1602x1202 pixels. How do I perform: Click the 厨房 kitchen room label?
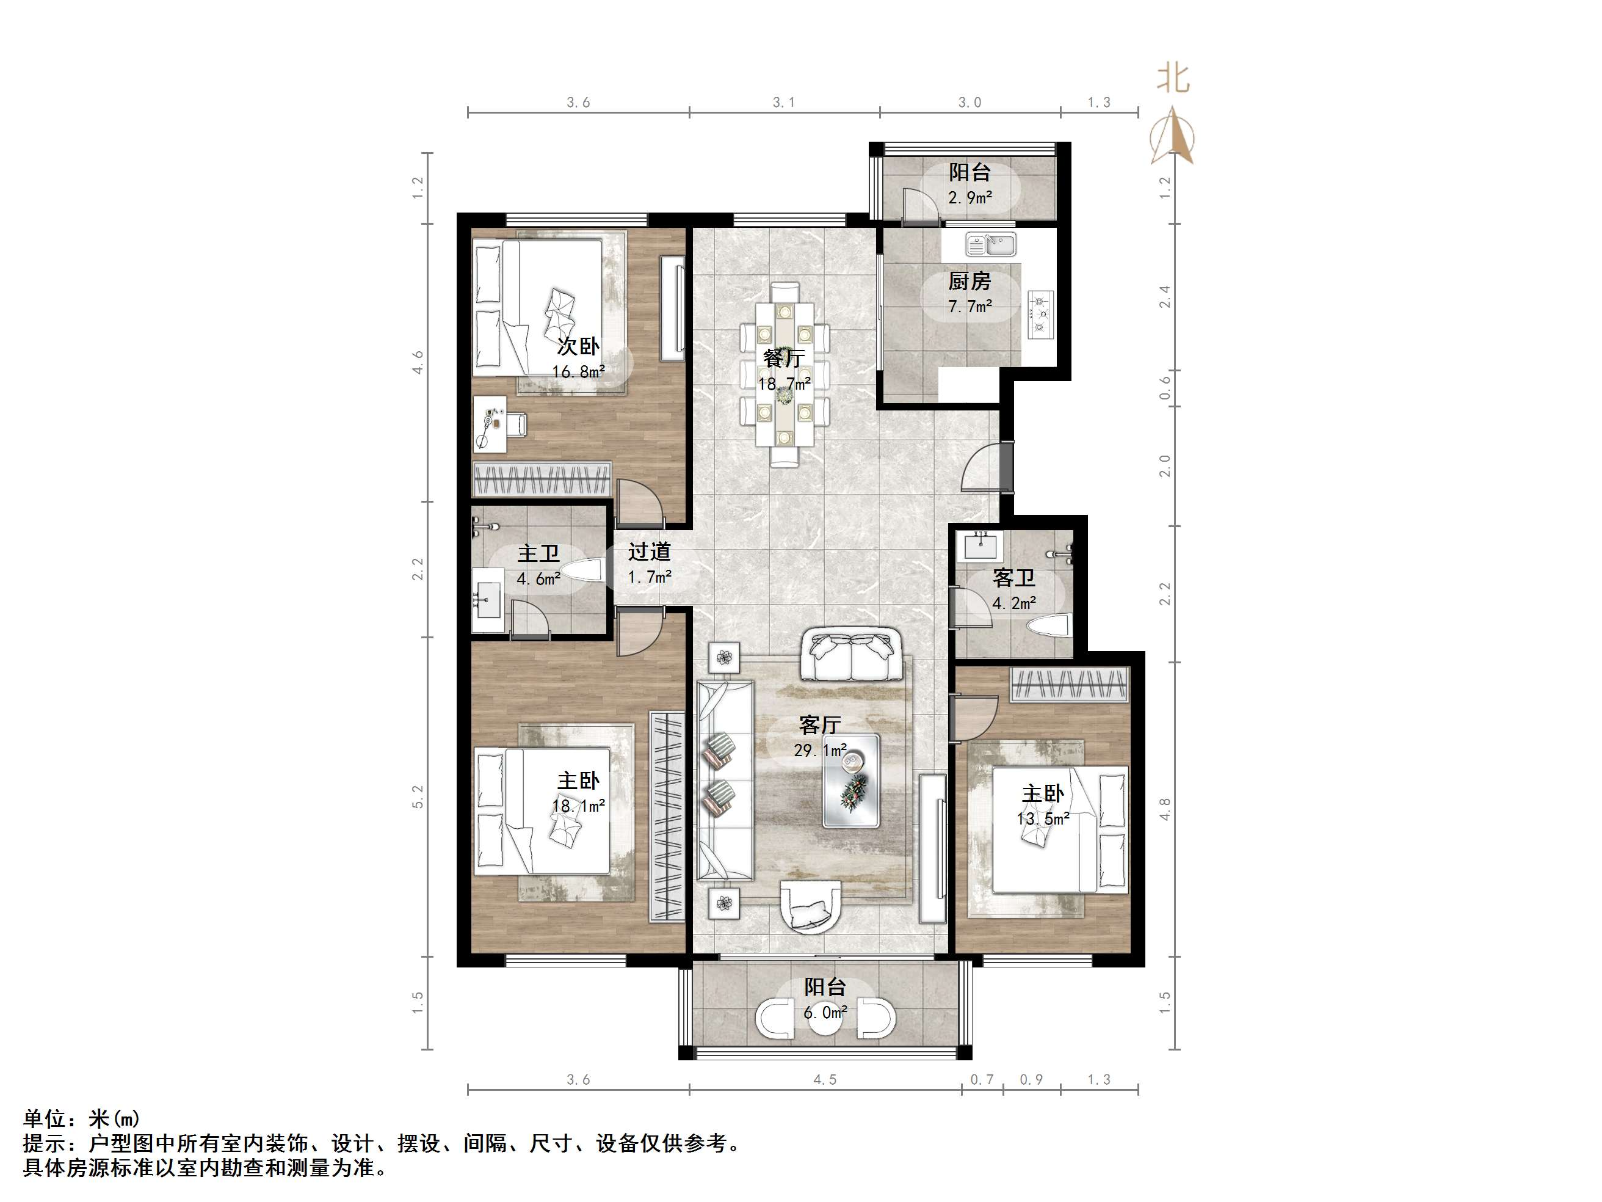click(969, 280)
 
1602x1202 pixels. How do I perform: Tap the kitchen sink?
click(991, 245)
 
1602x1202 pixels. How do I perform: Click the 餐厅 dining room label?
click(784, 358)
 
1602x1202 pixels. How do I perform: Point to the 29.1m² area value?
click(820, 751)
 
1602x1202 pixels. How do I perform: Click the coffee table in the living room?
click(852, 781)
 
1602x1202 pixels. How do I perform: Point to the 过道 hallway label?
click(649, 552)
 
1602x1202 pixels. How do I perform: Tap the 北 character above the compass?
click(1173, 78)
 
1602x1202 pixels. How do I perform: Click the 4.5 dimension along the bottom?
click(824, 1080)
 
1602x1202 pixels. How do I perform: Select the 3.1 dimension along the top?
click(784, 102)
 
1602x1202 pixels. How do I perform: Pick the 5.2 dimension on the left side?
click(418, 797)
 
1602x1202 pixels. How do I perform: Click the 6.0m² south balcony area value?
click(825, 1012)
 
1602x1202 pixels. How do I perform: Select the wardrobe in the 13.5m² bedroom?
click(1070, 685)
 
